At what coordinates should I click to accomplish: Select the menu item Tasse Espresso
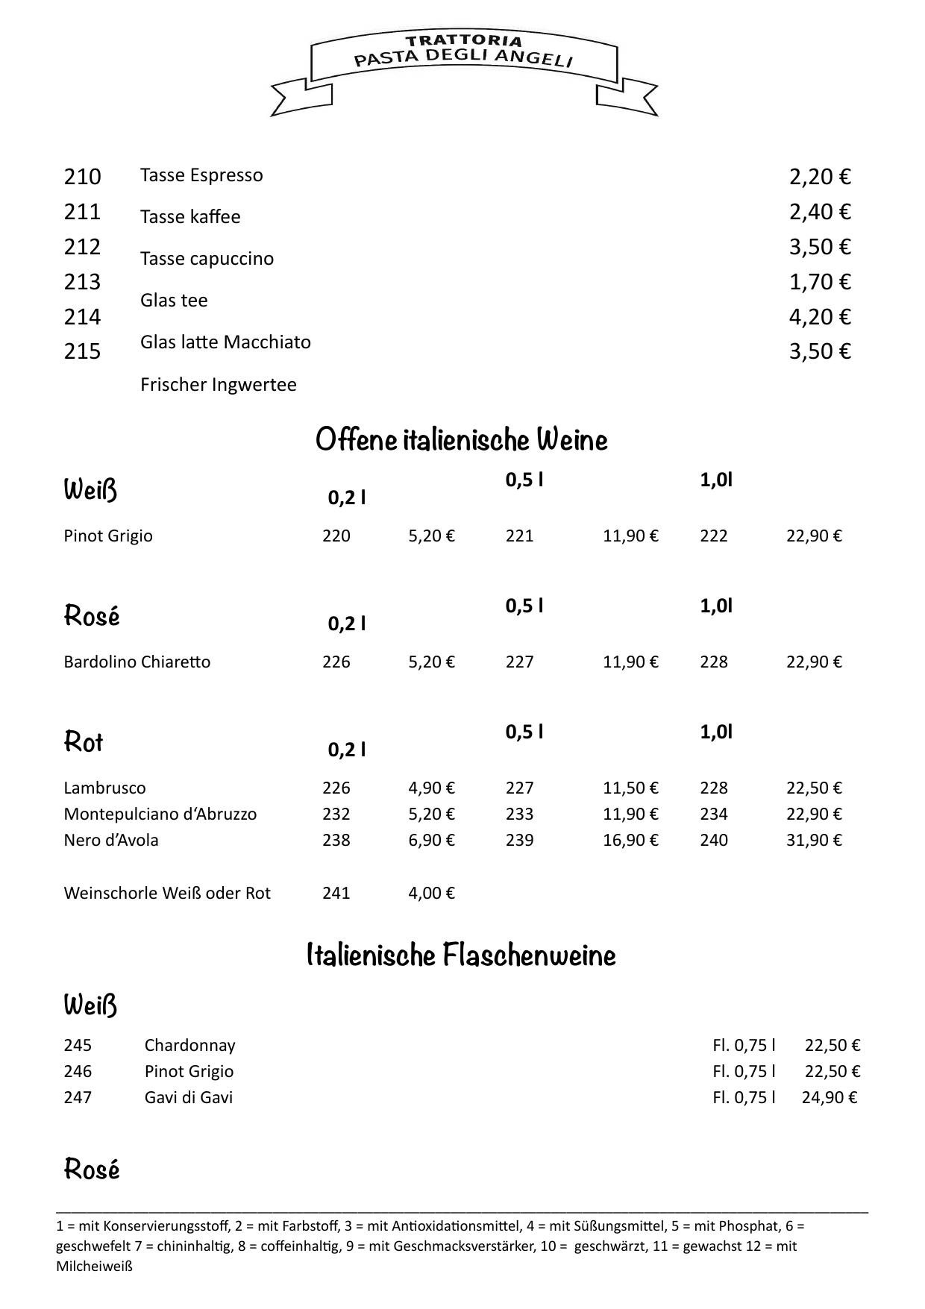201,175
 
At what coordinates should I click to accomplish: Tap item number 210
82,177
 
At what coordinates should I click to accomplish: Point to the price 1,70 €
820,282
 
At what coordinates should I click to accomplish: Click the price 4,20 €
820,317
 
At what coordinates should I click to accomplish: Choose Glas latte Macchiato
225,342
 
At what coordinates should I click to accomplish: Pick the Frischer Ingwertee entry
218,385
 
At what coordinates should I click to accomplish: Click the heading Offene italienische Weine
461,440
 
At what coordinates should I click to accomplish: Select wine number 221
519,536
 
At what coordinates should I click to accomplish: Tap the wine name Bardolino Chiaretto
137,662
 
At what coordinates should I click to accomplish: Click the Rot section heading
84,742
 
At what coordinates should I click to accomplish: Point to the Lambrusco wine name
104,788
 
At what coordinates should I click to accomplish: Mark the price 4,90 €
431,788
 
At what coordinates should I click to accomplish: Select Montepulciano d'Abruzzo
160,814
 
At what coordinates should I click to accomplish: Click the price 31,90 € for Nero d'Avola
814,841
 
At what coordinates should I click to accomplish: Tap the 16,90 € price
630,841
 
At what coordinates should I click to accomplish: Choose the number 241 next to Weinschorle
336,894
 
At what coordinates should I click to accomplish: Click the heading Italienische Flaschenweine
461,955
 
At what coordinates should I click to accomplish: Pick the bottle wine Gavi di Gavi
189,1098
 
